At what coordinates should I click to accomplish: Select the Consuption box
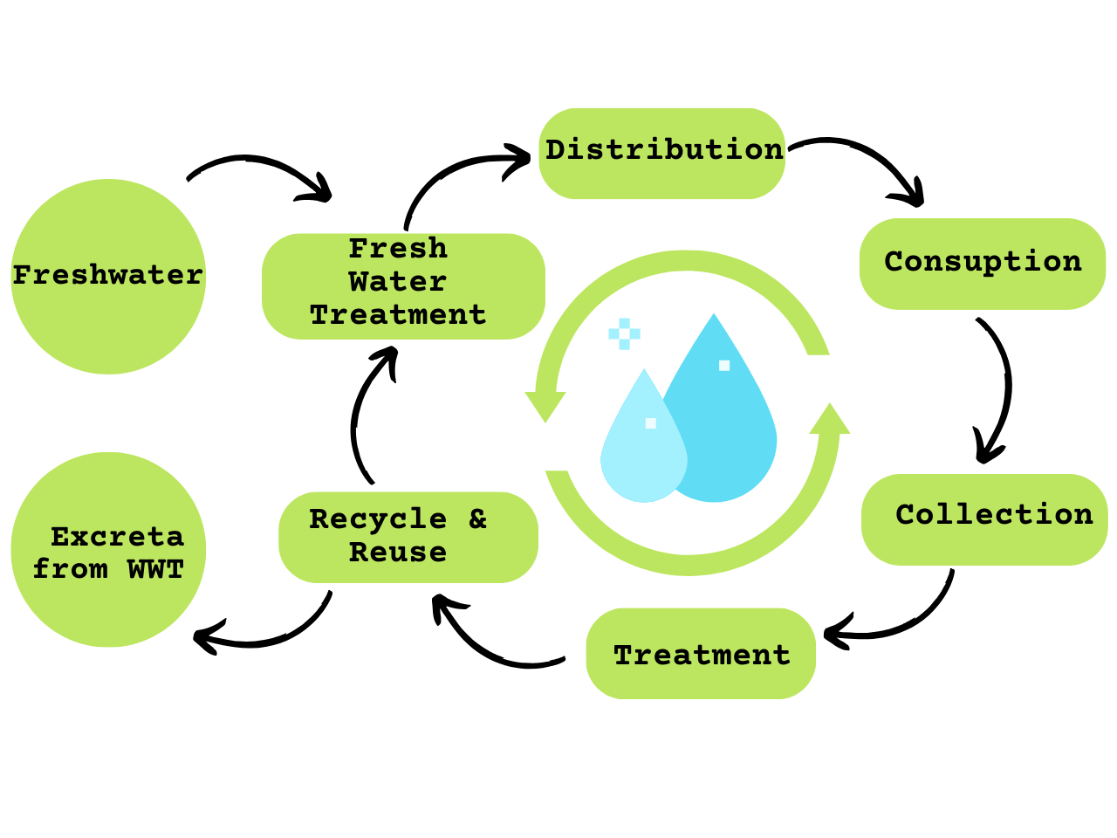tap(983, 263)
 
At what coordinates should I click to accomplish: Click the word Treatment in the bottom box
tap(702, 655)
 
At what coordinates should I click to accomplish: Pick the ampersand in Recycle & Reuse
tap(477, 519)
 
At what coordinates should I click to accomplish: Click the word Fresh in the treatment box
tap(398, 249)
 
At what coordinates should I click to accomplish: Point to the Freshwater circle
tap(108, 277)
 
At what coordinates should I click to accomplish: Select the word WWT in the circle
tap(155, 569)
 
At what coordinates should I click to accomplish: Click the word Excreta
tap(117, 536)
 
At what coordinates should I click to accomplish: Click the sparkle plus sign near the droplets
tap(624, 333)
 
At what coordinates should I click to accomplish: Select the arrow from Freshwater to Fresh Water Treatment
tap(262, 169)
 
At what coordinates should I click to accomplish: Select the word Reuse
tap(398, 553)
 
